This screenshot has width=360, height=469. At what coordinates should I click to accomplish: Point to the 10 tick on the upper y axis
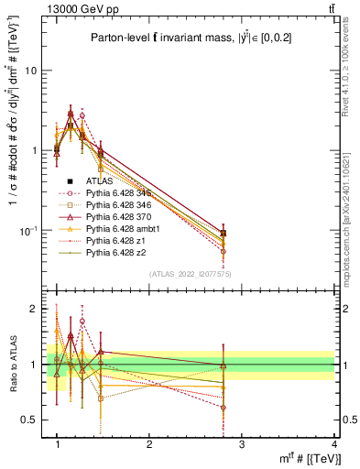coord(31,71)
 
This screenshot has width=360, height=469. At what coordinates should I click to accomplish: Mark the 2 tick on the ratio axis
coord(32,309)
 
